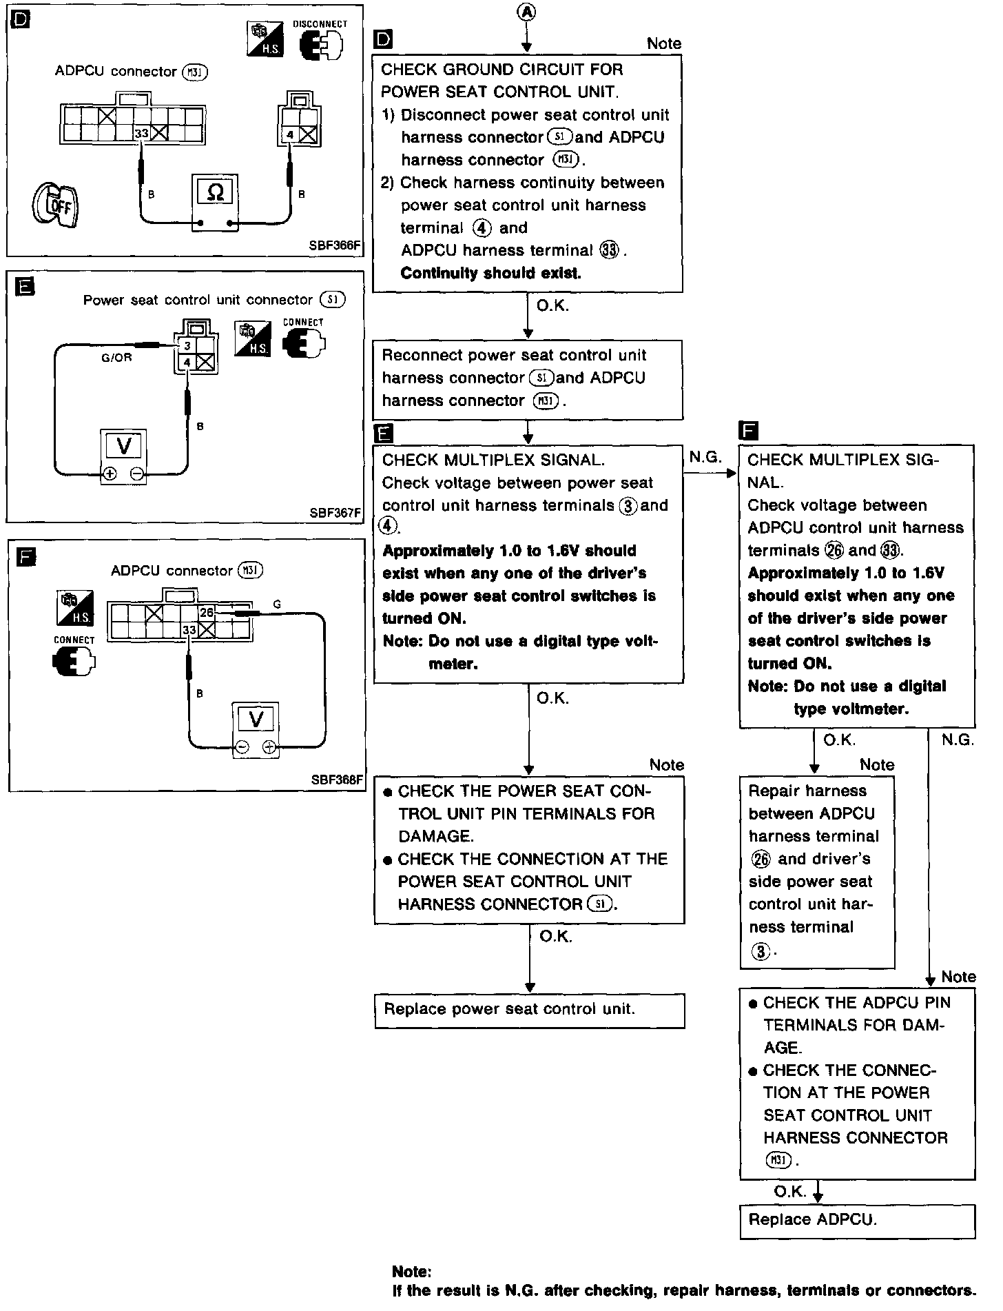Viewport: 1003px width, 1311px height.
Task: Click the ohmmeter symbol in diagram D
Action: point(215,192)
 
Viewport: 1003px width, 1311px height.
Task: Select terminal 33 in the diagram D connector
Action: point(141,134)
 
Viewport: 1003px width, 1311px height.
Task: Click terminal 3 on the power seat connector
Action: point(187,346)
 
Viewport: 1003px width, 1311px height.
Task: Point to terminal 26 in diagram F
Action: point(207,612)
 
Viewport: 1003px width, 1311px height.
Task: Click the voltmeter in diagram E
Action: point(124,446)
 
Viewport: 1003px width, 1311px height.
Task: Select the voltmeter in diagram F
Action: point(256,720)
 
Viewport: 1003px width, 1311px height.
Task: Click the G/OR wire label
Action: point(116,358)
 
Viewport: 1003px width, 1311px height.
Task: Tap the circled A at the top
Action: point(527,12)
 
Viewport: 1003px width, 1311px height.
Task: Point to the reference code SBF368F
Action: point(336,780)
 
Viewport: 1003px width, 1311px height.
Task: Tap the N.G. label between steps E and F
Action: point(705,456)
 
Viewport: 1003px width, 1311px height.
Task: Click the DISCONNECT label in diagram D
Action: point(320,24)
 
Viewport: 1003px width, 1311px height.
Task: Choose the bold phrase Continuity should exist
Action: point(490,273)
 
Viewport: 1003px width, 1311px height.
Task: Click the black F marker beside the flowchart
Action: point(747,431)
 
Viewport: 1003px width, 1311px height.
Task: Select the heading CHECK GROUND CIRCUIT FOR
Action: point(501,70)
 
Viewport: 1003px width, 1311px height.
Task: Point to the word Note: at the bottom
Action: point(412,1272)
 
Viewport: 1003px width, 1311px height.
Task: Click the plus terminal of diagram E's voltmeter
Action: point(110,474)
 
